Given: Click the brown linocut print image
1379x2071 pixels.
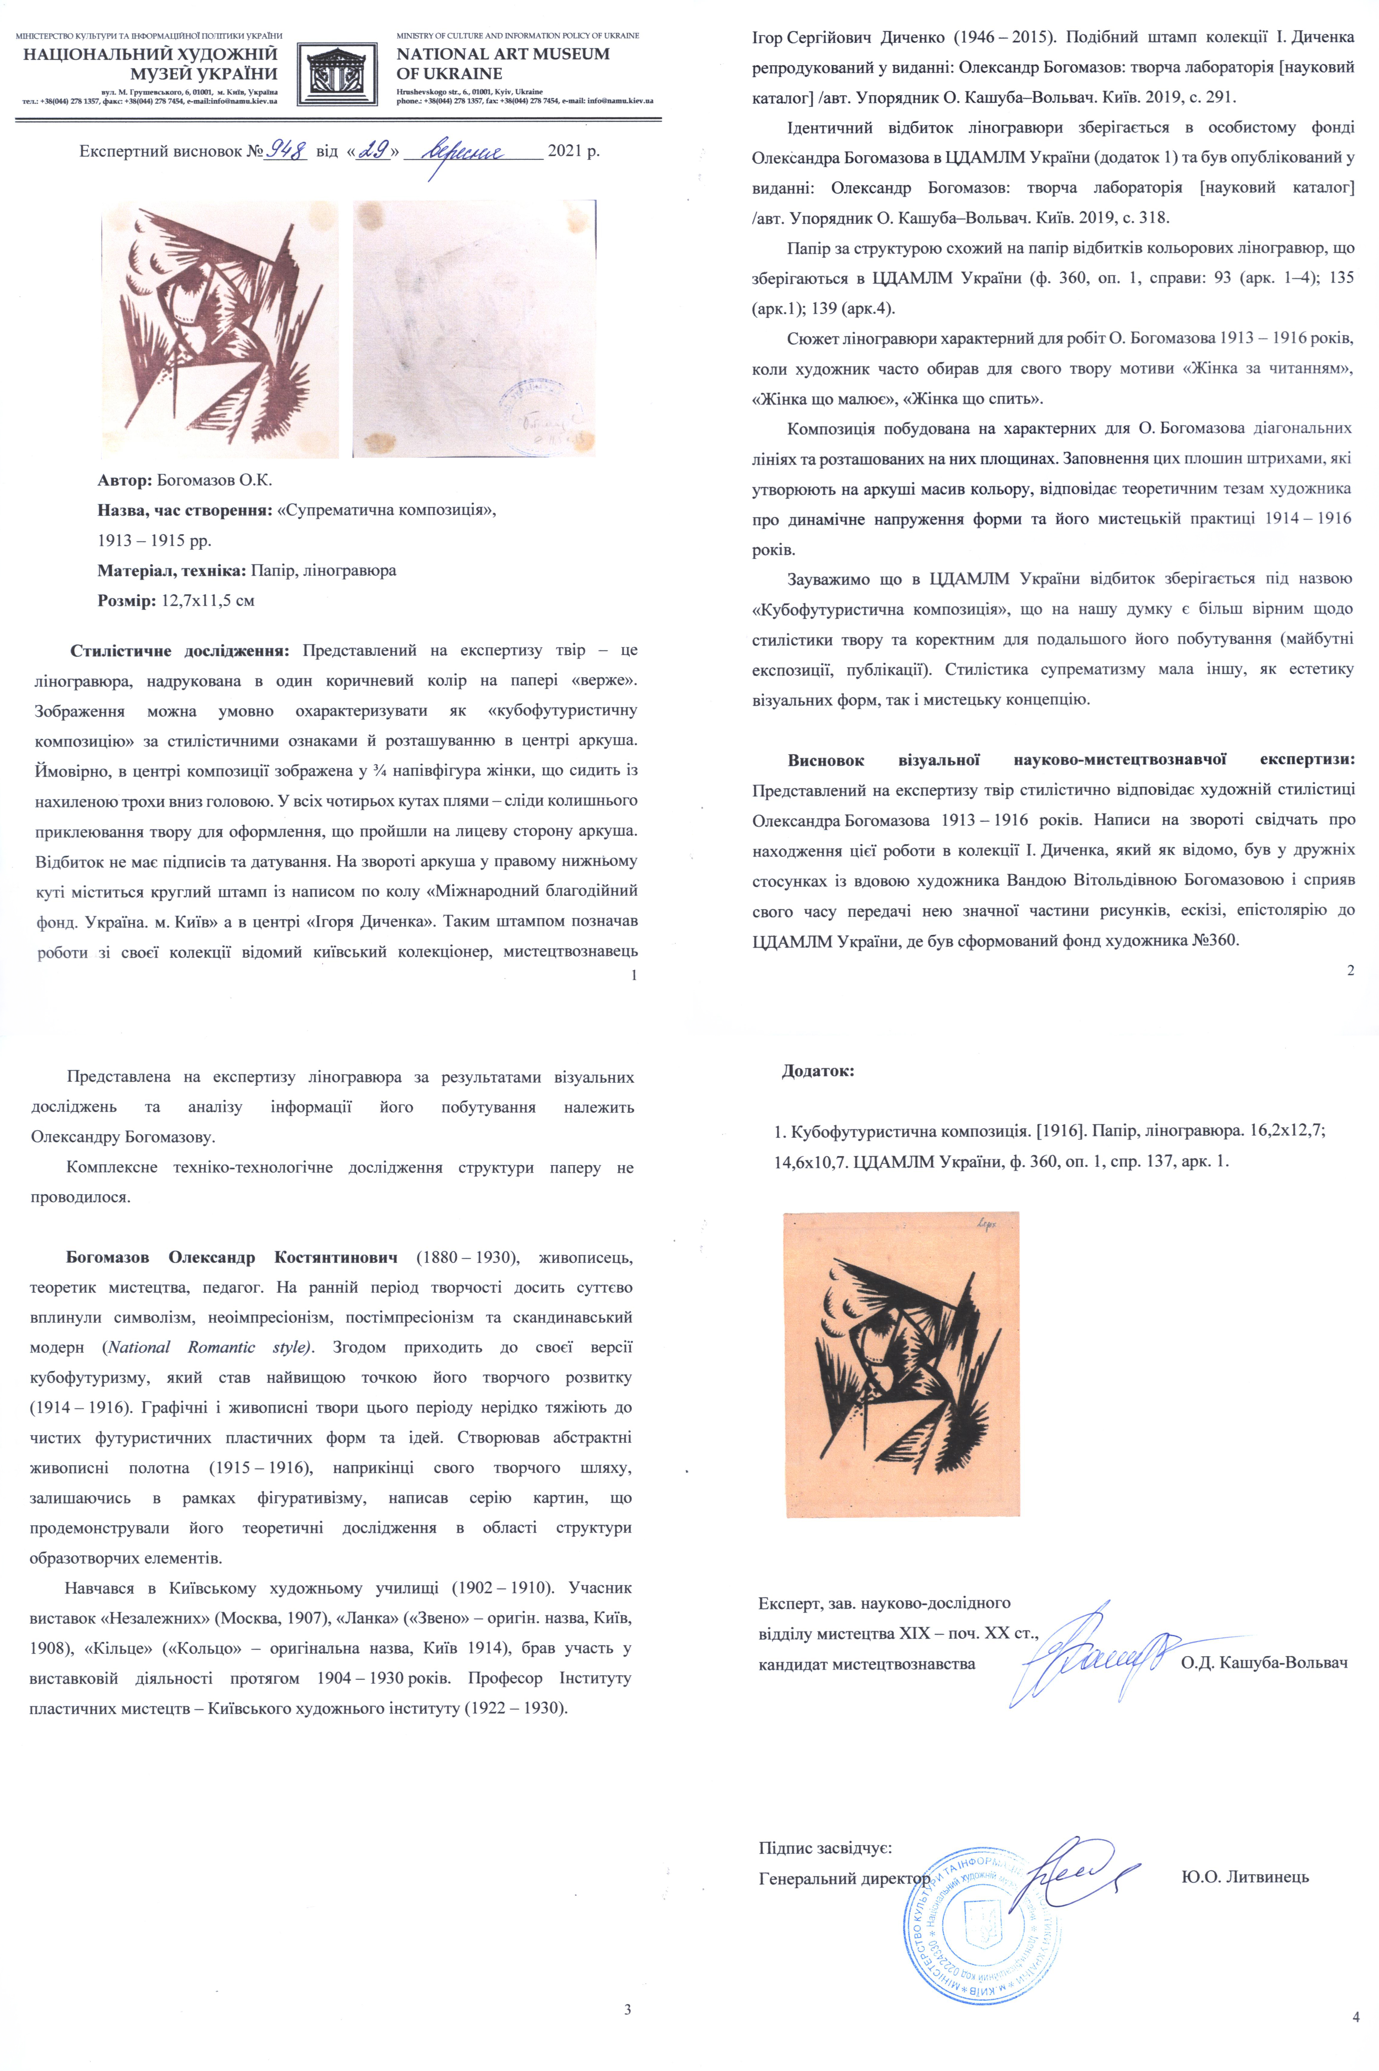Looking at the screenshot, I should point(219,328).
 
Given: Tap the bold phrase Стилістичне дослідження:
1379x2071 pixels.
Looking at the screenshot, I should point(179,651).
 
